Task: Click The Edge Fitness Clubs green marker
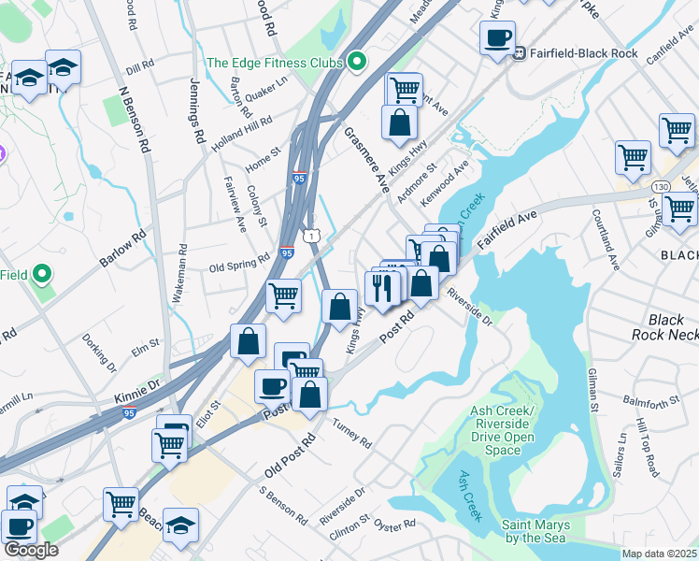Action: (356, 64)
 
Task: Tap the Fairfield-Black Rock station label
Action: (583, 53)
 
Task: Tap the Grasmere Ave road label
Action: (367, 159)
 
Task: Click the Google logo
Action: (31, 549)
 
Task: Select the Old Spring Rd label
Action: (239, 265)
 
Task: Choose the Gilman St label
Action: (592, 389)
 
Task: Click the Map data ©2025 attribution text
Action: (659, 554)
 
